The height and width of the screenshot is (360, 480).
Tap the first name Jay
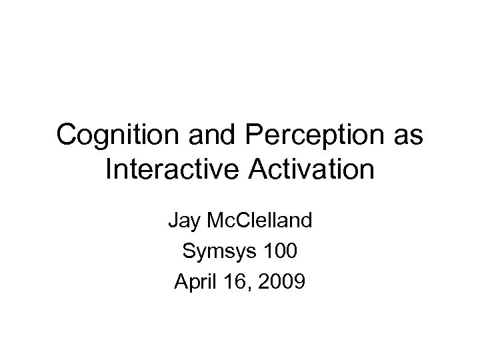(x=183, y=218)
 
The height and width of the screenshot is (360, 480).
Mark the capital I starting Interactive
(x=109, y=170)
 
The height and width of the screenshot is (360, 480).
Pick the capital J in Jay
(x=173, y=218)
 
